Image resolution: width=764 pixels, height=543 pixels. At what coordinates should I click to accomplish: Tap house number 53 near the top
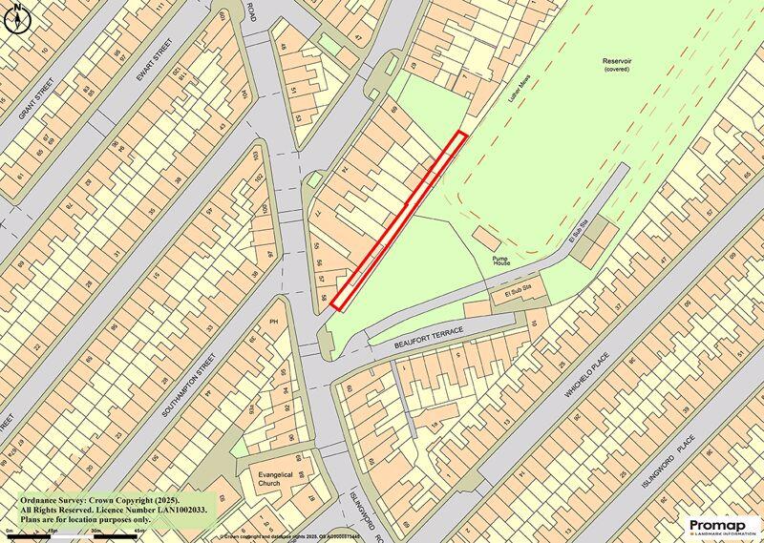tap(299, 117)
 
